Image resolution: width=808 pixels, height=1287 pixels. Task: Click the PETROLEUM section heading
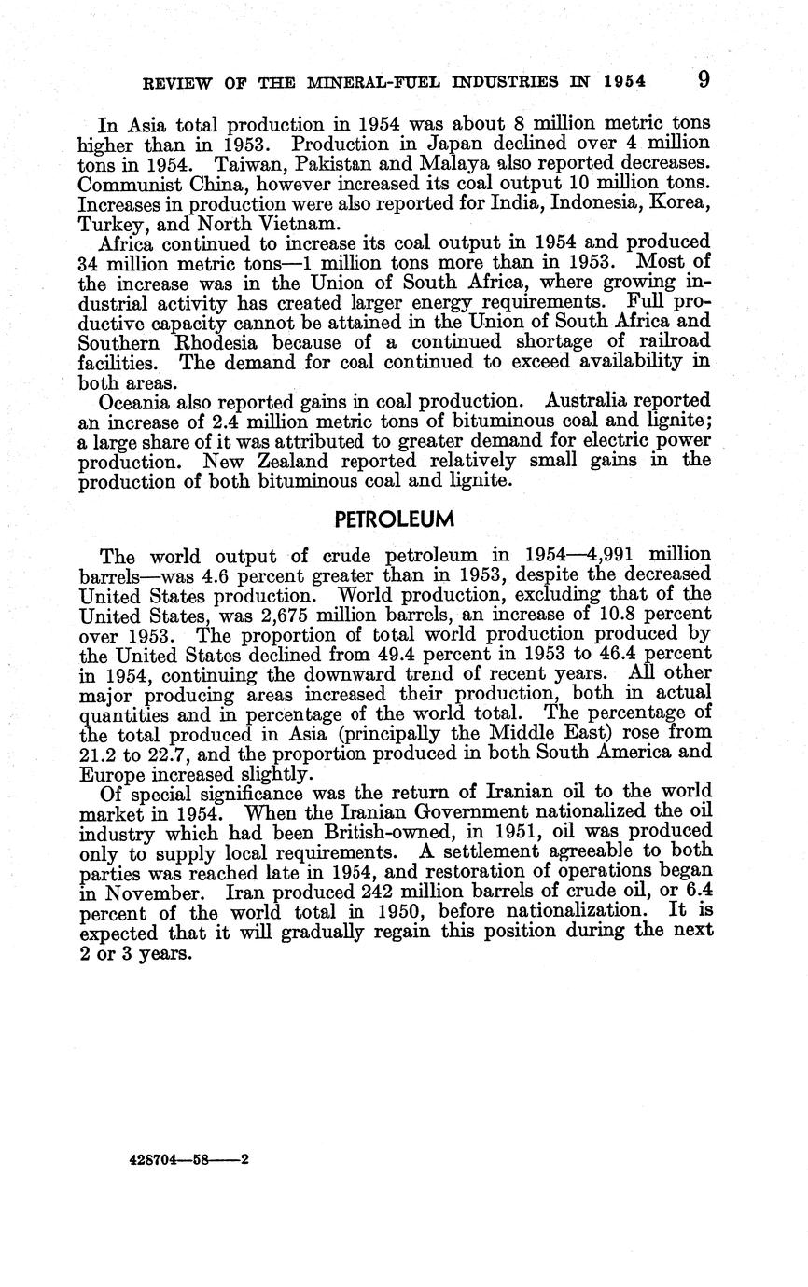tap(394, 519)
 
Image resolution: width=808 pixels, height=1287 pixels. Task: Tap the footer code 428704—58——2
tap(185, 1161)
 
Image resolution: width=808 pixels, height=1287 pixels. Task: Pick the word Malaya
tap(453, 164)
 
